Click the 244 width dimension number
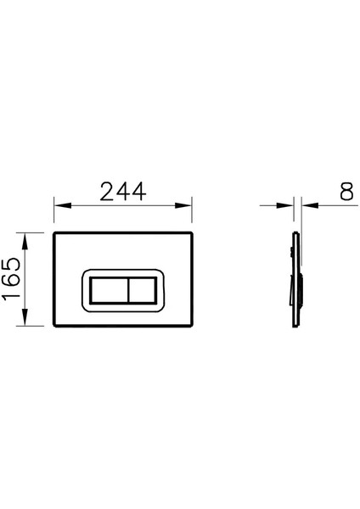[x=122, y=193]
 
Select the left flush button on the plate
[x=108, y=291]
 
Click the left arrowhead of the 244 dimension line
[x=59, y=205]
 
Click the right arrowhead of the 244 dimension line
[x=187, y=205]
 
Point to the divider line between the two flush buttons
[x=126, y=291]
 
